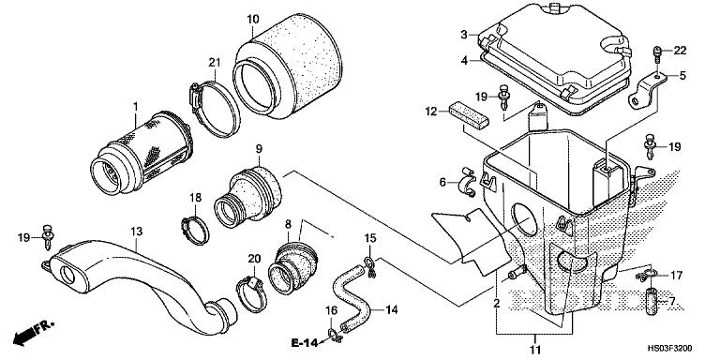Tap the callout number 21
click(214, 62)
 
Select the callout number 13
click(137, 231)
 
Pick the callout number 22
click(681, 50)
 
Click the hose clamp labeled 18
click(192, 227)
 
